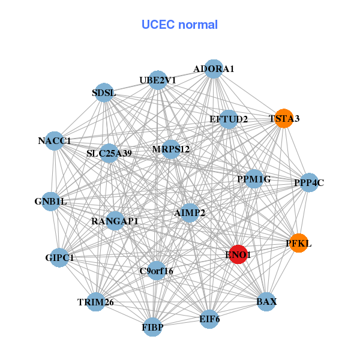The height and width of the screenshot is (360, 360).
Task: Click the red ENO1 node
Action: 238,254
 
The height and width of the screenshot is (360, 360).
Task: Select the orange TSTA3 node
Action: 284,118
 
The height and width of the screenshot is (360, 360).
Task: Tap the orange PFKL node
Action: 298,243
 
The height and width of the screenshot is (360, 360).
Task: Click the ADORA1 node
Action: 214,69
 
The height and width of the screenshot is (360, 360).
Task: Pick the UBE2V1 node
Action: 158,80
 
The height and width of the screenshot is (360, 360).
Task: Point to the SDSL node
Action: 104,92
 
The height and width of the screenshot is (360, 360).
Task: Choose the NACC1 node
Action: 55,141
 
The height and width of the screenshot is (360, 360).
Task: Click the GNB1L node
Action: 51,202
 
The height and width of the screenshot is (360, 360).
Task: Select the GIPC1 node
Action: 59,257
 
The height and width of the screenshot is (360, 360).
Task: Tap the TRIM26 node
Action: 96,302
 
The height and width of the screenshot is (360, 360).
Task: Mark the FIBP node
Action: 152,327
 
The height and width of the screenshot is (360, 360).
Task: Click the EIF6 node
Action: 209,319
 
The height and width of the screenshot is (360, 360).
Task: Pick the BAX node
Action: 266,302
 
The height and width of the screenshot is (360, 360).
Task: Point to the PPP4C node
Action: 309,182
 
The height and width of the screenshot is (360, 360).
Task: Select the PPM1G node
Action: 254,179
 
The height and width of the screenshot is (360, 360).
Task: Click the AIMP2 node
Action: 190,213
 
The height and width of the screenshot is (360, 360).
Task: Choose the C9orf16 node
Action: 157,271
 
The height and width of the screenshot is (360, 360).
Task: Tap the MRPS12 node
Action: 171,149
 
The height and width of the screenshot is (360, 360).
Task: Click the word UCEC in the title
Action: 158,25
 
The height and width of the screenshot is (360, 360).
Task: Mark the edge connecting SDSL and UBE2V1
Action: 131,86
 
